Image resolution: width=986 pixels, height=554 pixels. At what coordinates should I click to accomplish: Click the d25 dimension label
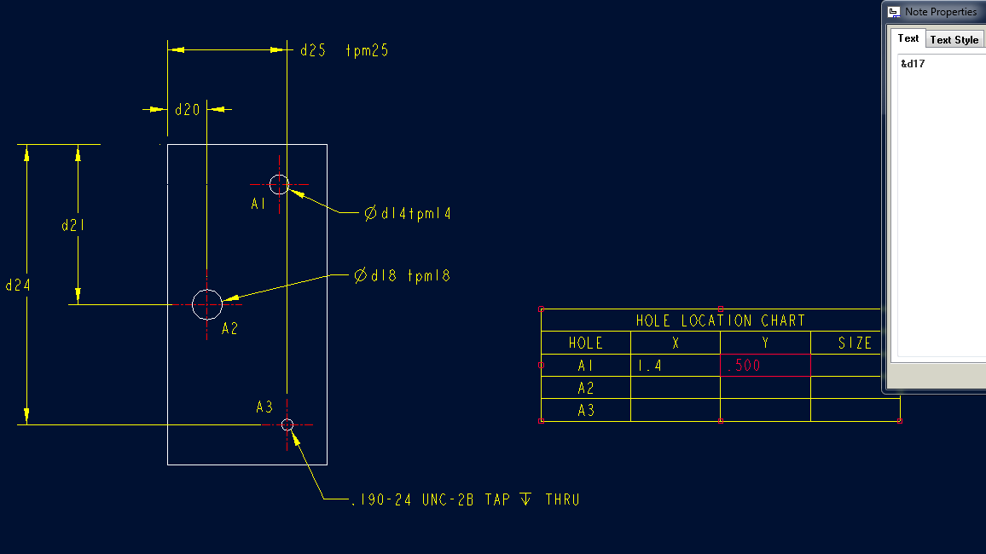(313, 50)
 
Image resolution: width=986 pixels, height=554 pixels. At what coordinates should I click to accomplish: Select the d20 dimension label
(187, 110)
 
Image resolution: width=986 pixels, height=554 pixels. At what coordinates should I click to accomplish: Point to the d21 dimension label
(72, 226)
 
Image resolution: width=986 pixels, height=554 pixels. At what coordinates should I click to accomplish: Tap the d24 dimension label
(18, 286)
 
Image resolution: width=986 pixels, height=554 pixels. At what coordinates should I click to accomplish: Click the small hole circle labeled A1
(279, 184)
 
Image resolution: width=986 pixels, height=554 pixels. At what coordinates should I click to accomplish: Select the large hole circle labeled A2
(207, 303)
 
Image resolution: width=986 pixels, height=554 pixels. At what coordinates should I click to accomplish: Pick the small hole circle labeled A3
(287, 424)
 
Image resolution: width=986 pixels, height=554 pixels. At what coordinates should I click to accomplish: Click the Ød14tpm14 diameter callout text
(408, 214)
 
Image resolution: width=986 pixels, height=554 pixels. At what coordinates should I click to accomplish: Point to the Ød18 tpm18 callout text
(402, 276)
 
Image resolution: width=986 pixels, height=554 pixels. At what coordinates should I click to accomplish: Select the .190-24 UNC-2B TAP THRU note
(466, 499)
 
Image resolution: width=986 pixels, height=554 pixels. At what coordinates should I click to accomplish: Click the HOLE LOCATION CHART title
(720, 320)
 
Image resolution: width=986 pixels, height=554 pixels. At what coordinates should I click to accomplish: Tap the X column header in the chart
(675, 343)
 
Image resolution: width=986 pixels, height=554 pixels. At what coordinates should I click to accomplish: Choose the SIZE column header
(855, 343)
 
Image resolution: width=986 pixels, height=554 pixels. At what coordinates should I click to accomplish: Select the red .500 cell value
(743, 366)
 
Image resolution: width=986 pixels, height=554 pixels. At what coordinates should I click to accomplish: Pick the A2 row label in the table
(586, 389)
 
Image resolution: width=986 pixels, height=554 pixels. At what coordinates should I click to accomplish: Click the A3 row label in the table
(586, 411)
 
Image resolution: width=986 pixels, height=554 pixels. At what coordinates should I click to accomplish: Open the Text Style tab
(954, 40)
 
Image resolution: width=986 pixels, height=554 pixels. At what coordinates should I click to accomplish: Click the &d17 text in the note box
(913, 64)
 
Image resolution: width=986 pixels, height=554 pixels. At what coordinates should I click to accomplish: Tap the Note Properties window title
(941, 12)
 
